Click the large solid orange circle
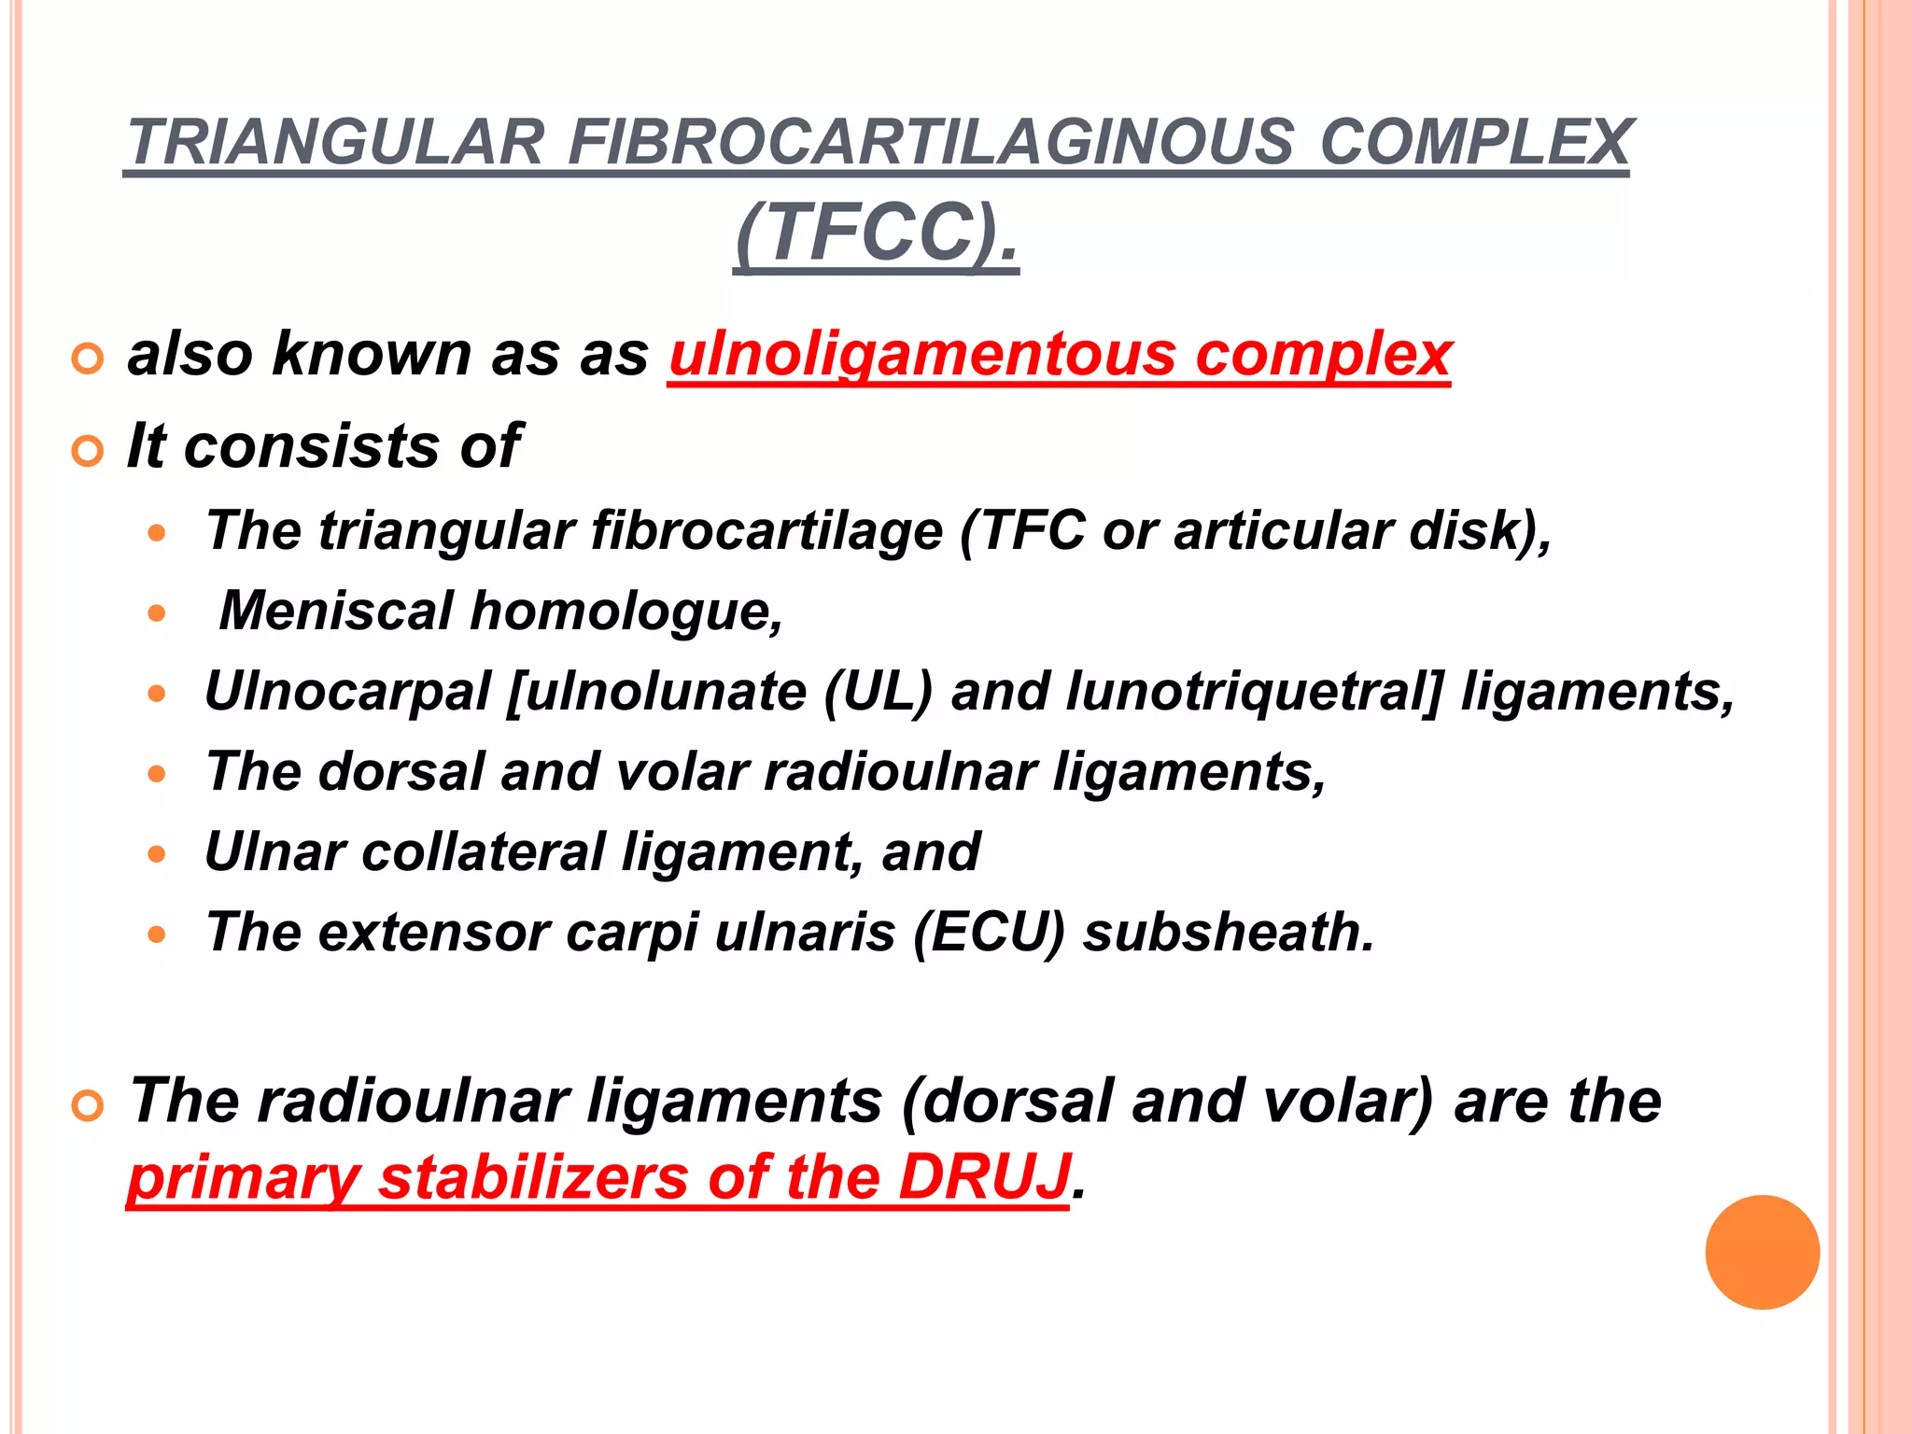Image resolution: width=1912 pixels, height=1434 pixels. (x=1762, y=1252)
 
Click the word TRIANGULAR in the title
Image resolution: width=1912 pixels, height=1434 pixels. (x=335, y=143)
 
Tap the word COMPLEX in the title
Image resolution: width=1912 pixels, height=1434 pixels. (x=1475, y=143)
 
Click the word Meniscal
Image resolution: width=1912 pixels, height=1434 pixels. (x=336, y=611)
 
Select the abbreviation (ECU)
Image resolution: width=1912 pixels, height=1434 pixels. (x=989, y=932)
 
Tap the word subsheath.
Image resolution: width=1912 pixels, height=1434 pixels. (x=1229, y=932)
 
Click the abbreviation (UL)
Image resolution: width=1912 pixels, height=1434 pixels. (x=878, y=692)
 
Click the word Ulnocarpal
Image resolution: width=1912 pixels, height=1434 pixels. (x=347, y=692)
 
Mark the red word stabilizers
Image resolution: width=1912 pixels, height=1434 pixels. (x=533, y=1176)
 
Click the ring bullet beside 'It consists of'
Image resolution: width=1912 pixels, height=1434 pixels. (x=87, y=452)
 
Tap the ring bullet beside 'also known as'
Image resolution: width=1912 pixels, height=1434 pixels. (x=87, y=359)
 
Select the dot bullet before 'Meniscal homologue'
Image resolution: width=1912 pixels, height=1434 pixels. (x=157, y=613)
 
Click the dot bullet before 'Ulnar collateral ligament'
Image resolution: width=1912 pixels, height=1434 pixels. (x=157, y=854)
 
